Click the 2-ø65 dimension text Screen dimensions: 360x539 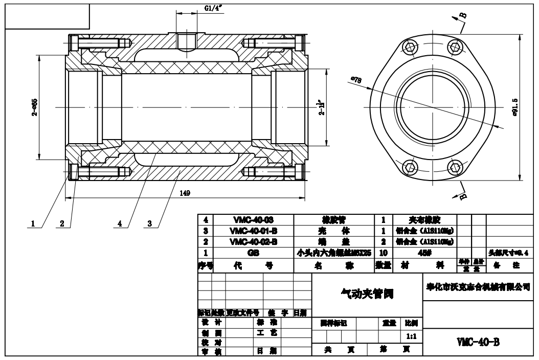coord(34,107)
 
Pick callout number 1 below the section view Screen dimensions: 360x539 coord(33,223)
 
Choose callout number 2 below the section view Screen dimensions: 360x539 coord(62,223)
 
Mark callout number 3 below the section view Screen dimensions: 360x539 coord(149,223)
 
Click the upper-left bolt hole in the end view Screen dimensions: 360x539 coord(409,47)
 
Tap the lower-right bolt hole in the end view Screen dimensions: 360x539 coord(455,167)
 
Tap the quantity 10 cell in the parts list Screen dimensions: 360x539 coord(383,252)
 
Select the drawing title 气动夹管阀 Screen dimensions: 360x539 coord(367,294)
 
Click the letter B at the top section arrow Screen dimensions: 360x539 coord(463,14)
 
